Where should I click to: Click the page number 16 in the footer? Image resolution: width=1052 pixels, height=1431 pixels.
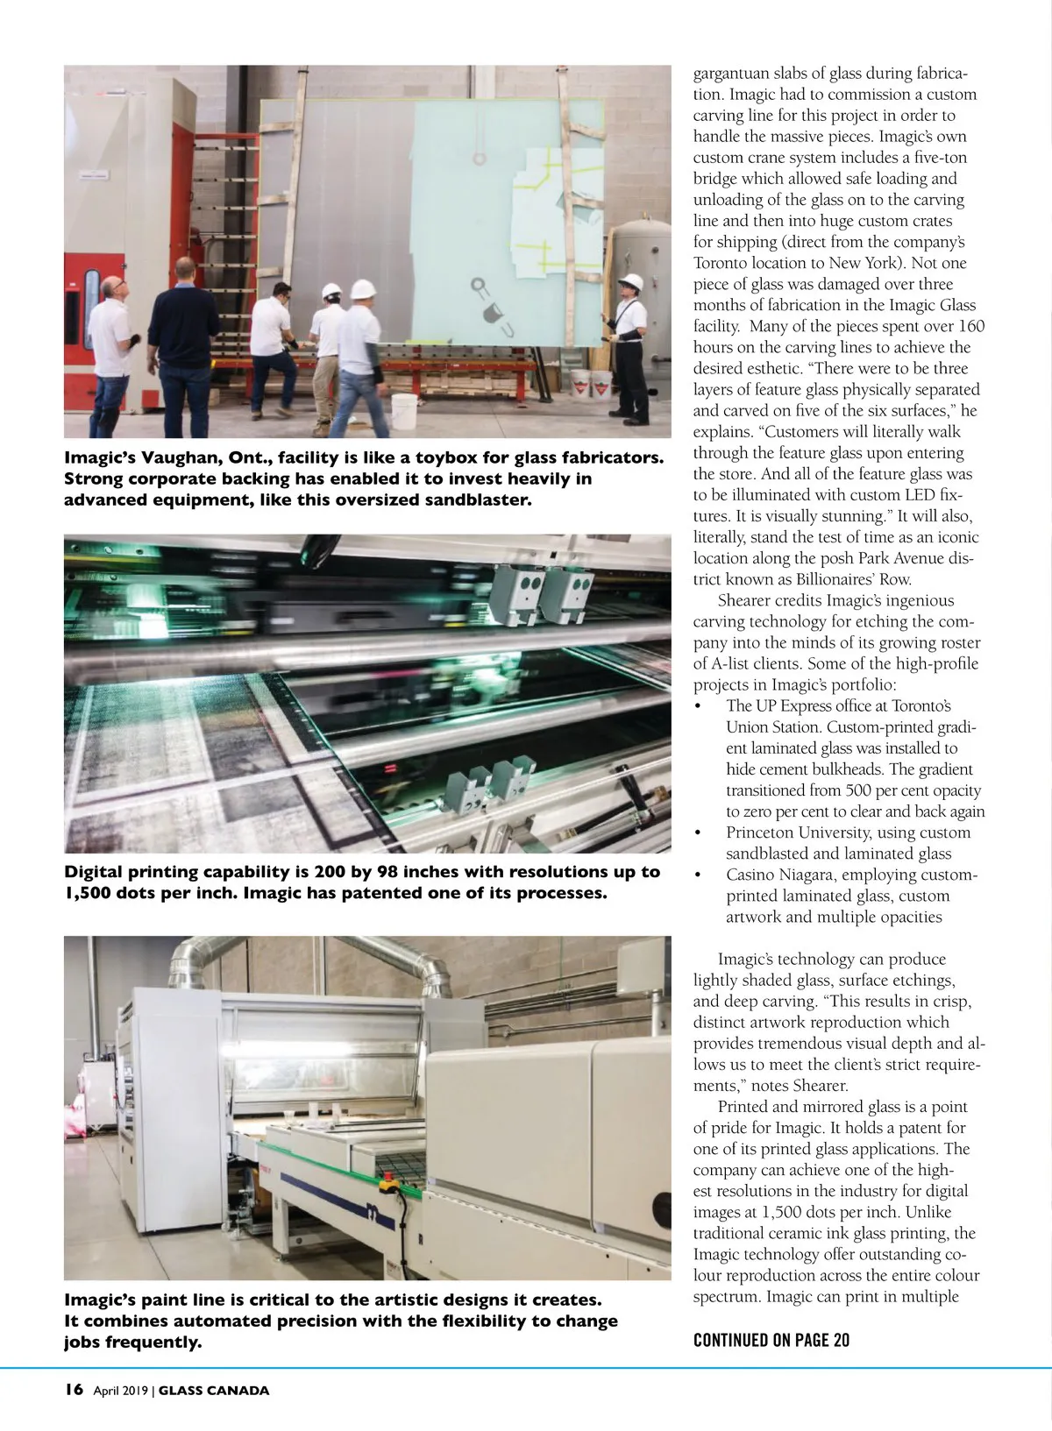click(74, 1390)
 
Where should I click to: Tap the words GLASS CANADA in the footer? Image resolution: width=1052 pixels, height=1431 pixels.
click(214, 1391)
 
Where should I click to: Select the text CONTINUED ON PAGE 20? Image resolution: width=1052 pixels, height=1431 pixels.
click(771, 1340)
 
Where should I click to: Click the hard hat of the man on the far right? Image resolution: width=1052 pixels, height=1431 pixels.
click(630, 282)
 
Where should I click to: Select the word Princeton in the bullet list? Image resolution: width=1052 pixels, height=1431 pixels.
click(762, 832)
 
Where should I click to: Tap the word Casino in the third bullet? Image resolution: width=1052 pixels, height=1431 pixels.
click(751, 875)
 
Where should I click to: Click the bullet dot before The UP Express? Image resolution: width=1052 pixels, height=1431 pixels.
click(698, 707)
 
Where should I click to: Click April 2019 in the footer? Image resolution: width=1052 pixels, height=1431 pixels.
click(121, 1391)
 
